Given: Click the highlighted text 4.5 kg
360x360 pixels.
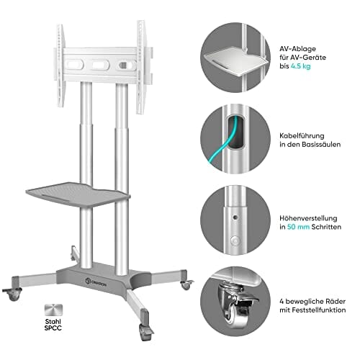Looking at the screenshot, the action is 301,66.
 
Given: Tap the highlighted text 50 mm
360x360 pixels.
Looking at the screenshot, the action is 298,227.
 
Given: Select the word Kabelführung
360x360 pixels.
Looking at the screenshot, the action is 302,136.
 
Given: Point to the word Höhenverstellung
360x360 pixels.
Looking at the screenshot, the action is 308,218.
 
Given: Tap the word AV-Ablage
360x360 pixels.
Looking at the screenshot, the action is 297,49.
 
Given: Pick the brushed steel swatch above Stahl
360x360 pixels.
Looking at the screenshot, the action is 53,310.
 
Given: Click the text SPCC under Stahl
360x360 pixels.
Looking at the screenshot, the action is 53,328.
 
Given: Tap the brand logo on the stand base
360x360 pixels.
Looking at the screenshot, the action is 96,282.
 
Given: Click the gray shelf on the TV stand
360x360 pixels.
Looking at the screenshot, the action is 78,194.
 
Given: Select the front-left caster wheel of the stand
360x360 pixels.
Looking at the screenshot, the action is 12,294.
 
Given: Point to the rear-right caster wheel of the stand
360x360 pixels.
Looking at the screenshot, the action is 186,284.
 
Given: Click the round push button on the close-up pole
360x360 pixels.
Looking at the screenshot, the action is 235,240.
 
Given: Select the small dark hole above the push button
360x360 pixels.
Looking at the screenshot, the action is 235,217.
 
